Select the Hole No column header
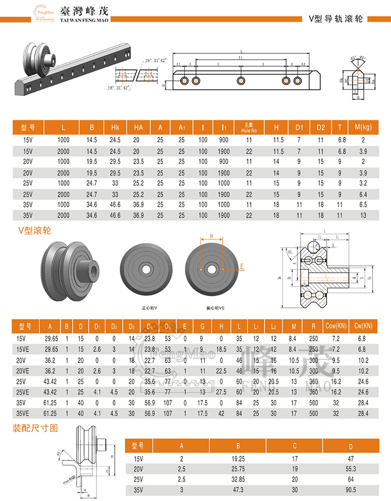[x=249, y=128]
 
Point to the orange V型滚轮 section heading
[x=34, y=230]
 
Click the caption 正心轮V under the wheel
[x=149, y=307]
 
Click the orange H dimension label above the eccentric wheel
[x=211, y=237]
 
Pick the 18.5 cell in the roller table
[x=221, y=349]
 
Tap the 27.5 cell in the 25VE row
[x=221, y=392]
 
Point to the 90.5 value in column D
[x=351, y=491]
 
